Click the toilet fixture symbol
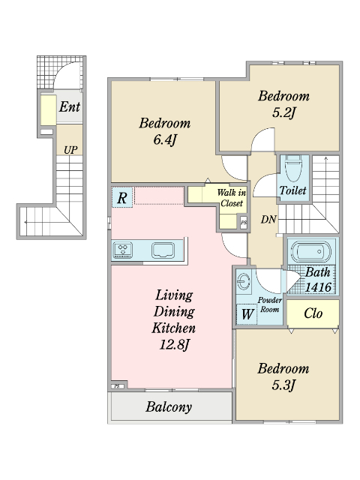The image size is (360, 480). pos(293,168)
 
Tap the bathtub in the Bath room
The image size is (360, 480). pos(310,252)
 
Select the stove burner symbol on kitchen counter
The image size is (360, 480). pos(123,250)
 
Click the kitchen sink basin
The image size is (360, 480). pos(163,250)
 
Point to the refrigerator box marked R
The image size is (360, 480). pos(122,197)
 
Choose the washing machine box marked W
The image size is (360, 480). pos(247,313)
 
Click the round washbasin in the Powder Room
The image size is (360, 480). pos(244,280)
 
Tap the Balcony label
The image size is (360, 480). pos(169,406)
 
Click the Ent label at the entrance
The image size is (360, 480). pos(70,106)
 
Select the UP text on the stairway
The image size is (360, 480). pos(70,150)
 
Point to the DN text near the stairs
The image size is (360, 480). pos(268,219)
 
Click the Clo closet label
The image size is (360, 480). pos(313,313)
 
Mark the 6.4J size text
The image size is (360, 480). pos(165,140)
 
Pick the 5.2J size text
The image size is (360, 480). pos(283,113)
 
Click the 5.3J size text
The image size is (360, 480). pos(283,385)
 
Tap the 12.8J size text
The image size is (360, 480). pos(174,345)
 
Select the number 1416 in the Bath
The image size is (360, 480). pos(318,287)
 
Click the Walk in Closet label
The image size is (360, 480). pos(232,198)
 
